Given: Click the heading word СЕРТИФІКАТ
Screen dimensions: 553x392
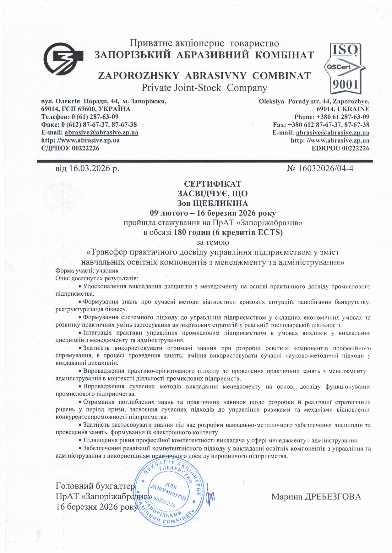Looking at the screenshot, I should point(212,183).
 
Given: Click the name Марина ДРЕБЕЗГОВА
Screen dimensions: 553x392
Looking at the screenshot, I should point(316,497).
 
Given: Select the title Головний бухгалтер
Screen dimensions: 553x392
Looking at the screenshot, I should point(95,486).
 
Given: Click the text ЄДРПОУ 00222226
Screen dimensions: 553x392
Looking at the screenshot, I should point(70,148).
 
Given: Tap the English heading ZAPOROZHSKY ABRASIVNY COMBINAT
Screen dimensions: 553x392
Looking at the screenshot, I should point(204,76).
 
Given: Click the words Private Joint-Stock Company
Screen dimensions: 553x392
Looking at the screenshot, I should point(204,88).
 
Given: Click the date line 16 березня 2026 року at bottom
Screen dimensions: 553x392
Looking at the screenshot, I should point(97,506).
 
